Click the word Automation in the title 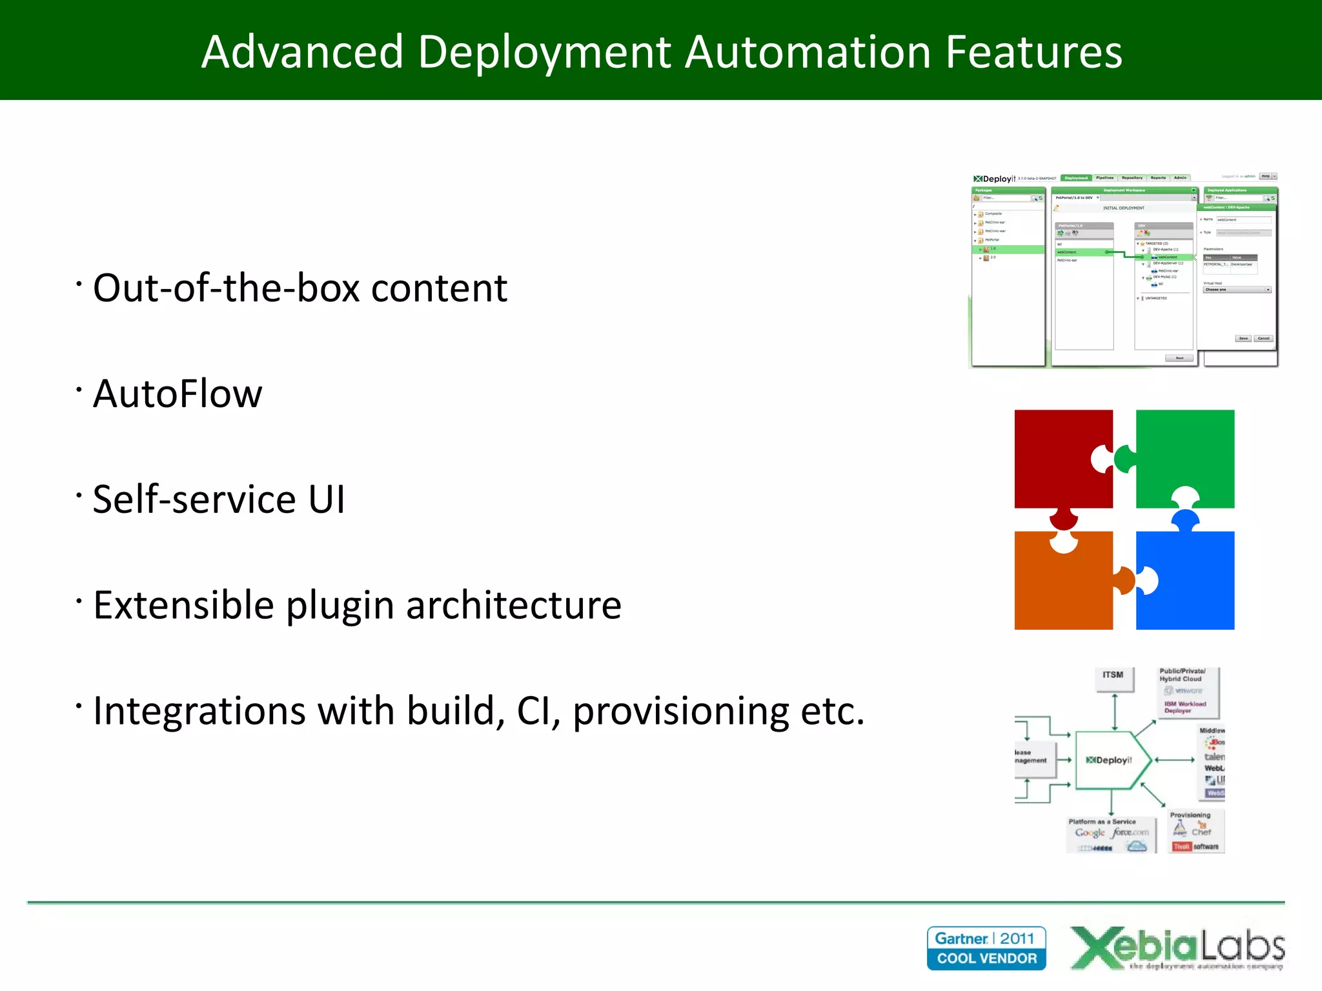click(x=808, y=52)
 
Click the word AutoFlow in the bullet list click(x=178, y=394)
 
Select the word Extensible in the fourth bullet click(x=183, y=605)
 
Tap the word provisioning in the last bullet click(x=680, y=711)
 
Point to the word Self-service click(x=194, y=499)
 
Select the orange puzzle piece click(x=1062, y=584)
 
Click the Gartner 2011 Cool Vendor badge click(x=986, y=948)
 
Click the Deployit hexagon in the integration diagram click(x=1110, y=760)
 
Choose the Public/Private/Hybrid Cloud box click(x=1186, y=692)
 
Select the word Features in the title click(x=1033, y=52)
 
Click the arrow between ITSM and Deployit click(x=1115, y=712)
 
